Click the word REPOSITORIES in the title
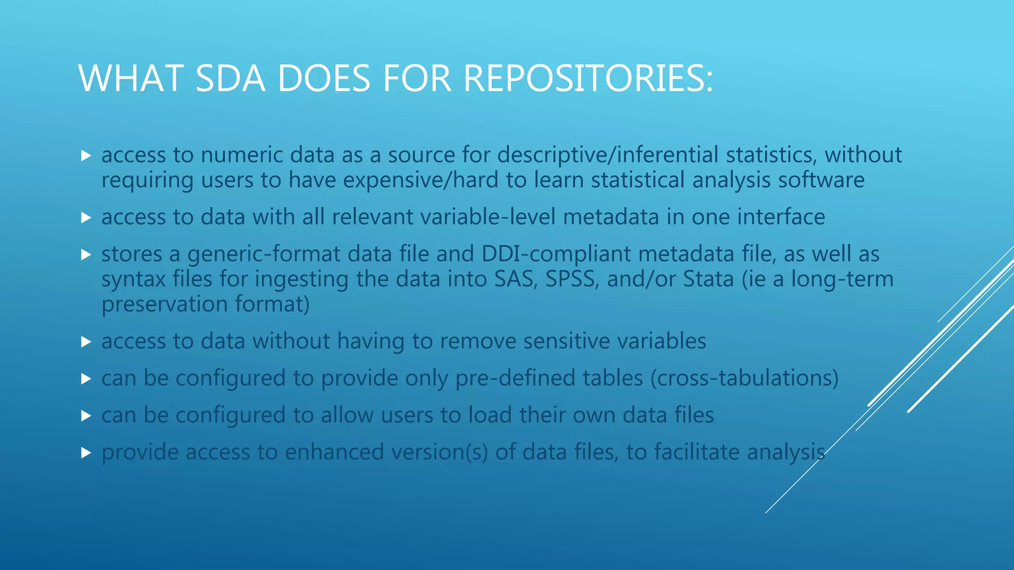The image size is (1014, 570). pyautogui.click(x=588, y=78)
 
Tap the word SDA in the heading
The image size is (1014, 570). pyautogui.click(x=230, y=78)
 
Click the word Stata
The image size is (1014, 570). pyautogui.click(x=709, y=279)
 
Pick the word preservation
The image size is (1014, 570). pyautogui.click(x=164, y=304)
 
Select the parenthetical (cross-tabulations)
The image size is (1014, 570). pyautogui.click(x=744, y=378)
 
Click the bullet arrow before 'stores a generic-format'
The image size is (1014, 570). pyautogui.click(x=86, y=255)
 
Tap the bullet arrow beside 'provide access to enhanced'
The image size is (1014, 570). pyautogui.click(x=86, y=453)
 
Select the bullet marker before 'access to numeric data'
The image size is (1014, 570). pyautogui.click(x=86, y=156)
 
